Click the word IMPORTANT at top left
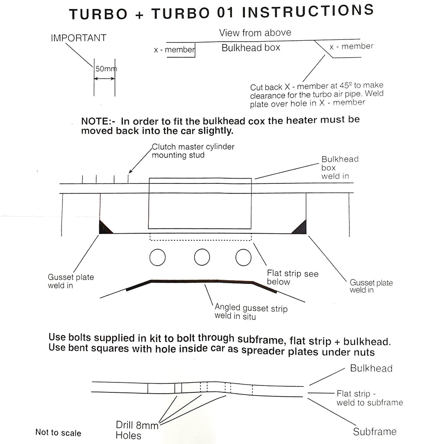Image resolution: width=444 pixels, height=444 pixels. (78, 38)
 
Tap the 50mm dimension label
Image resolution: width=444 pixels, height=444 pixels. (106, 69)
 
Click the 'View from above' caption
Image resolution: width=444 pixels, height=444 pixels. (255, 33)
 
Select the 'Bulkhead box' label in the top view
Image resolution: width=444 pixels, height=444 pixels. (251, 48)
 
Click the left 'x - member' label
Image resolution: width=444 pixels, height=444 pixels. (174, 50)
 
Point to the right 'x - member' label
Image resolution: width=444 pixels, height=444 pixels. (351, 46)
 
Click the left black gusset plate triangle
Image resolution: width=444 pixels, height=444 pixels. (105, 228)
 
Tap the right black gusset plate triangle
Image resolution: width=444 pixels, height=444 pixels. (300, 228)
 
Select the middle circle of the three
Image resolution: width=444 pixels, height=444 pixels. (202, 257)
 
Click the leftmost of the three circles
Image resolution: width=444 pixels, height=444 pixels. (157, 257)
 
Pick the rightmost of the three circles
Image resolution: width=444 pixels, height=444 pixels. (243, 257)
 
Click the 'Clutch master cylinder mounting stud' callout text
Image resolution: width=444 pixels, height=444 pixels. (193, 151)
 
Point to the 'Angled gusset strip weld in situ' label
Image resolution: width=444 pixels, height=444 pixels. (251, 312)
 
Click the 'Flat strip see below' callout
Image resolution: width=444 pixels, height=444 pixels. (292, 277)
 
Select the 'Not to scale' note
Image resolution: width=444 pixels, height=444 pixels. (58, 433)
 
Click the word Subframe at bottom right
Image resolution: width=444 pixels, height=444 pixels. (374, 431)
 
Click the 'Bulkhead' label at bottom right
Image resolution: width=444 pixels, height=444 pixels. (371, 368)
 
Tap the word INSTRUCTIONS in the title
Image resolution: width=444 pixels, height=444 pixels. (307, 11)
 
